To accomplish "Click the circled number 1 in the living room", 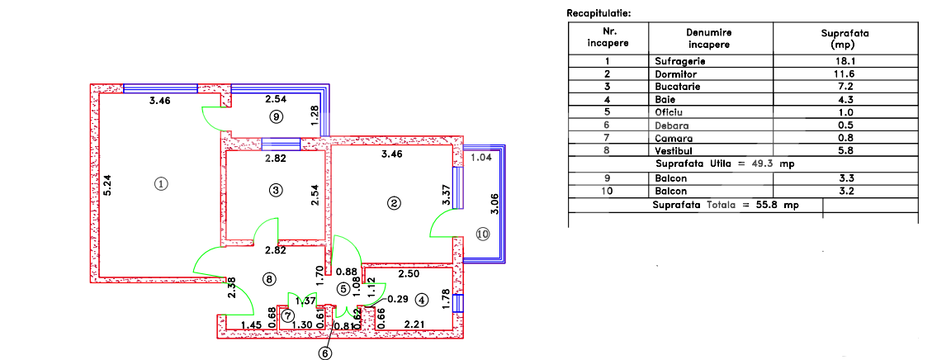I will click(162, 183).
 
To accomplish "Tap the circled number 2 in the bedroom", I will click(395, 202).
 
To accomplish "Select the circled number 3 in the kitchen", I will click(276, 190).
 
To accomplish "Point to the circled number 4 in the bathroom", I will click(422, 300).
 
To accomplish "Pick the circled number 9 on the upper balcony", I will click(276, 117).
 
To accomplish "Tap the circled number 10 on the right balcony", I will click(483, 234).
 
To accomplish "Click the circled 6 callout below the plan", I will click(325, 353).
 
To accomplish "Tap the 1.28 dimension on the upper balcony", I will click(315, 116).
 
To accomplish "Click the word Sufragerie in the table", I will click(679, 61).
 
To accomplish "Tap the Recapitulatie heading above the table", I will click(599, 14).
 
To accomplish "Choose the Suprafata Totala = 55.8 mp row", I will click(725, 204).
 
